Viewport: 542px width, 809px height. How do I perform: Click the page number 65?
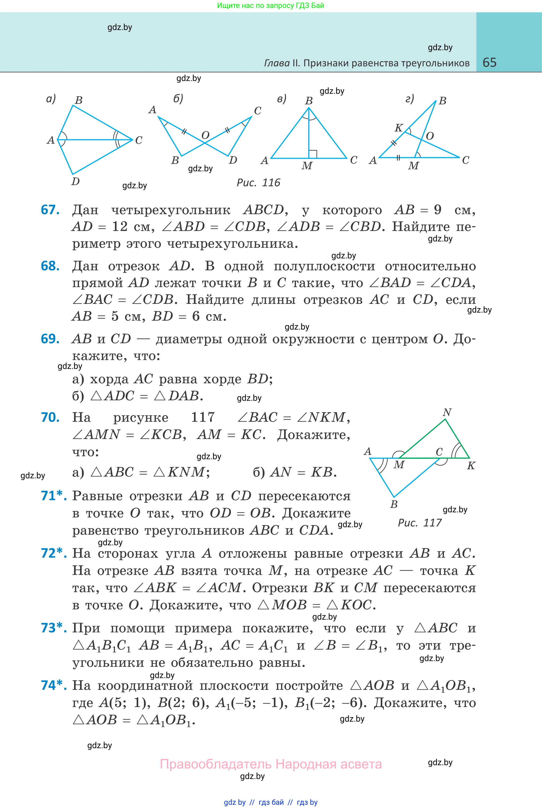click(489, 62)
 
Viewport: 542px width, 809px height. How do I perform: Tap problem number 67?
click(50, 210)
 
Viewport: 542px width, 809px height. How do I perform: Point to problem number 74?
click(53, 685)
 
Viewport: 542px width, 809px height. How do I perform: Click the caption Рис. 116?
click(258, 183)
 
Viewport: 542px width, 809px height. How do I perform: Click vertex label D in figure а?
click(75, 181)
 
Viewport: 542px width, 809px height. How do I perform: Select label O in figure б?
click(205, 135)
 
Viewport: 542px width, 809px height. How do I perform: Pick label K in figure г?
click(398, 128)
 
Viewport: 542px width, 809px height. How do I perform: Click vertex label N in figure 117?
click(447, 412)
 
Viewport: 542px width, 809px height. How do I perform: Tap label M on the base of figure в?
click(307, 166)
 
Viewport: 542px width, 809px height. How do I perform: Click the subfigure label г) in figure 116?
click(409, 99)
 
